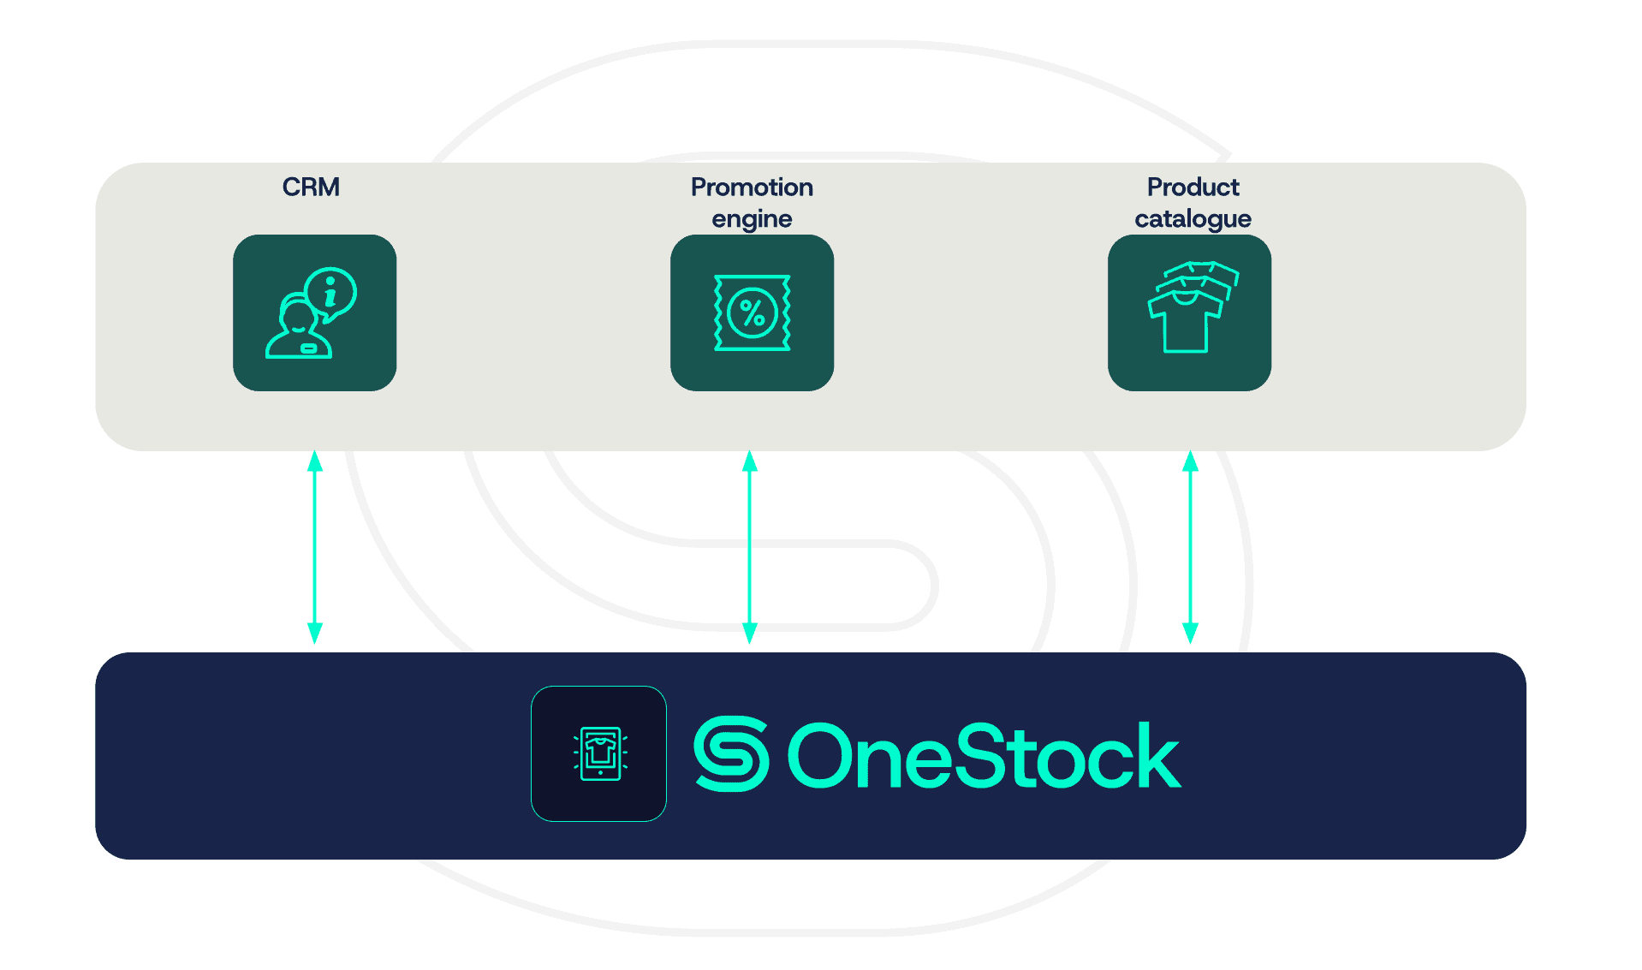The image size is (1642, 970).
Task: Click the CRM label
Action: coord(311,187)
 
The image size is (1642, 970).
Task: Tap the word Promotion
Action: coord(752,187)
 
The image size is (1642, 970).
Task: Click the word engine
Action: coord(752,219)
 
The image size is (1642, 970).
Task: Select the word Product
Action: coord(1193,187)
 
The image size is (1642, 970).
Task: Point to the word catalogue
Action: coord(1193,219)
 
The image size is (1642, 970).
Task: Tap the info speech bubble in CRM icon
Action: coord(331,293)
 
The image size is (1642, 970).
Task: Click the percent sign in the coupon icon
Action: coord(753,313)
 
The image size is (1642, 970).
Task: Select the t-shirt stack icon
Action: coord(1191,308)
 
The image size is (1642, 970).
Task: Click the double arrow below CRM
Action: coord(314,548)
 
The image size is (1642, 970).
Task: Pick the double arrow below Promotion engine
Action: coord(750,548)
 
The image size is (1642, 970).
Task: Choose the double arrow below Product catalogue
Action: coord(1190,548)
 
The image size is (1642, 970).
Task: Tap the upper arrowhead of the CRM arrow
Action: coord(314,461)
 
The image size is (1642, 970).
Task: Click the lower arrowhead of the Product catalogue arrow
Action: coord(1190,633)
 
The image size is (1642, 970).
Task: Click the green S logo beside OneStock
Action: coord(730,754)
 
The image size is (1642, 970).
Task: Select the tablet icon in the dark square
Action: coord(600,753)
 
